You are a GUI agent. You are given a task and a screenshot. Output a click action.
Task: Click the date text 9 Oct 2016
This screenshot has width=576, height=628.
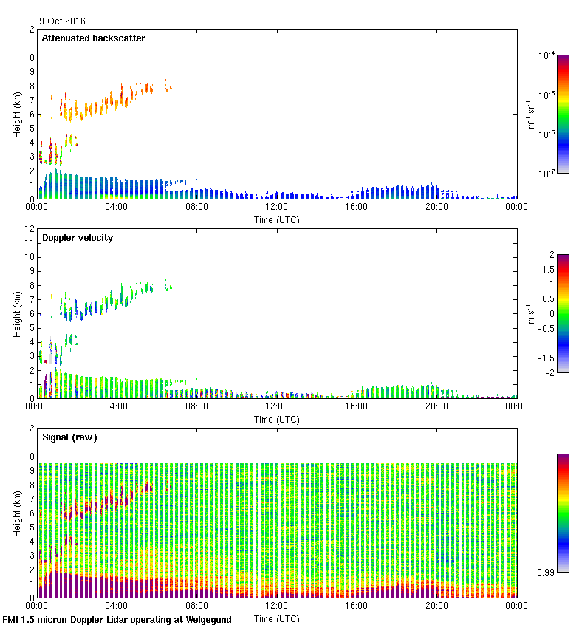63,21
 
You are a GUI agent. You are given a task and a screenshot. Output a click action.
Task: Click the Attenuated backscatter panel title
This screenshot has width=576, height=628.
93,38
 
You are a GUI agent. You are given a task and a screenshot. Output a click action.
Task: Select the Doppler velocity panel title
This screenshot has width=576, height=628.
80,238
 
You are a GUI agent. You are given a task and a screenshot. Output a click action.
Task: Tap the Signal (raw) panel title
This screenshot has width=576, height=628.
69,437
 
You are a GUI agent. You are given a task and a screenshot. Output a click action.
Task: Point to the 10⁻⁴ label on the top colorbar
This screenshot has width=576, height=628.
546,55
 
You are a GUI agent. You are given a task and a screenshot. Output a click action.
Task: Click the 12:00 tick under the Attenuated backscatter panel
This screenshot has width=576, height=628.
277,208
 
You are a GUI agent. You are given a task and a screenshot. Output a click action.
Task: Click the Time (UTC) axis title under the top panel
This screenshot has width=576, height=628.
277,219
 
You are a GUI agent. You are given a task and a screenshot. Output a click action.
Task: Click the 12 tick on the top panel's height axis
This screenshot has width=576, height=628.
30,30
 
